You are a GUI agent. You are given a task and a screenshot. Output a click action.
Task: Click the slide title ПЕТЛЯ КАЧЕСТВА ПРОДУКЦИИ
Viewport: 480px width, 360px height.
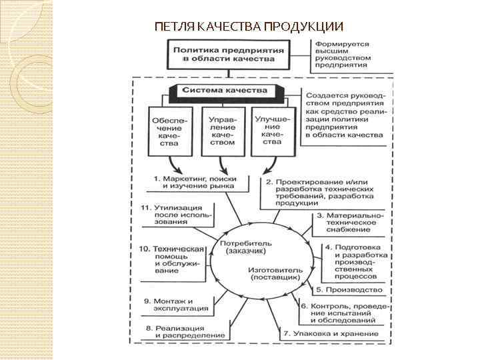coord(249,27)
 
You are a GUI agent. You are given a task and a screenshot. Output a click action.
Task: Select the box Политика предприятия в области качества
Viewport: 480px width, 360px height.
coord(228,54)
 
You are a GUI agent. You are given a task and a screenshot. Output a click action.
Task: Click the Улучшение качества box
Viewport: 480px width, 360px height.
coord(271,130)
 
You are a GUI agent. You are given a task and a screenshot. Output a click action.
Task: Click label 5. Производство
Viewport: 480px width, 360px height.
coord(349,290)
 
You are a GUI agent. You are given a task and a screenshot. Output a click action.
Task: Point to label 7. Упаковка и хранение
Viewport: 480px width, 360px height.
coord(331,333)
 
